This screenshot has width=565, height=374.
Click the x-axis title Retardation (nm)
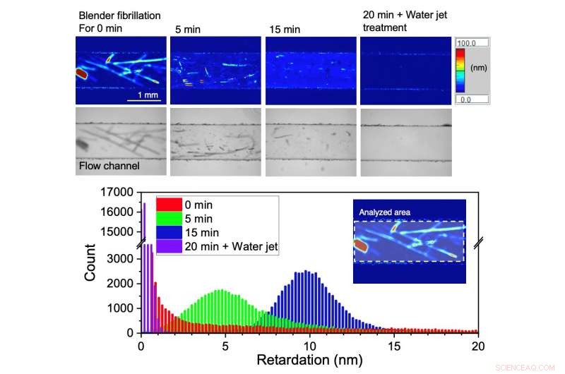[x=309, y=361]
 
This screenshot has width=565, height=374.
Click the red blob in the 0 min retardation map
[x=82, y=72]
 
